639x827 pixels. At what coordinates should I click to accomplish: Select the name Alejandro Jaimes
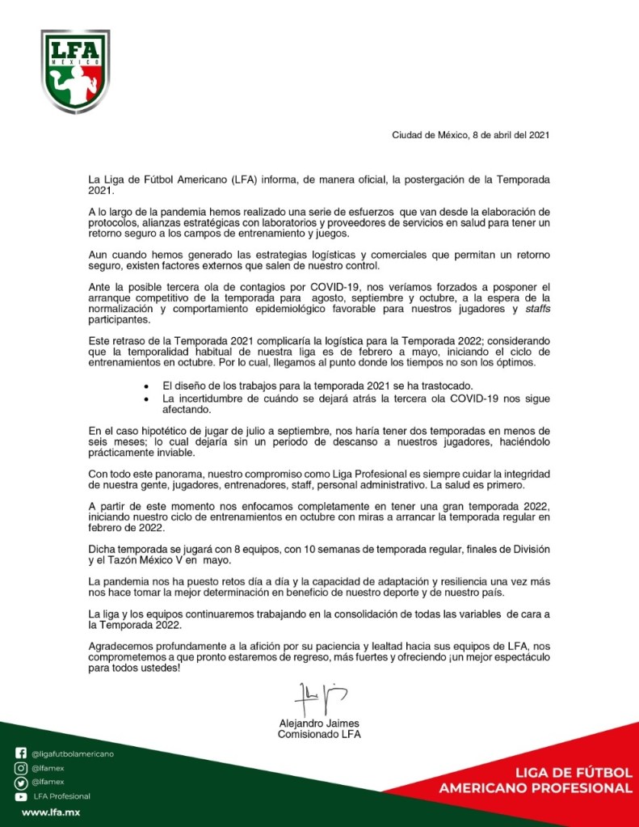[x=319, y=723]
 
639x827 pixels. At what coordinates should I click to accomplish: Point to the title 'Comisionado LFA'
[x=319, y=735]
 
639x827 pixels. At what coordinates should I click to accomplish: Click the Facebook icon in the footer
[x=21, y=753]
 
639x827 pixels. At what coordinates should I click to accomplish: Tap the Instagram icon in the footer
[x=21, y=768]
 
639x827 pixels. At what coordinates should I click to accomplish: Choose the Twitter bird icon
[x=21, y=782]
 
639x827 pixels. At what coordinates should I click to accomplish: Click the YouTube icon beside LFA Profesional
[x=21, y=796]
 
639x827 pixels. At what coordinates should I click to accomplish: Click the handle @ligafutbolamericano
[x=73, y=753]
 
